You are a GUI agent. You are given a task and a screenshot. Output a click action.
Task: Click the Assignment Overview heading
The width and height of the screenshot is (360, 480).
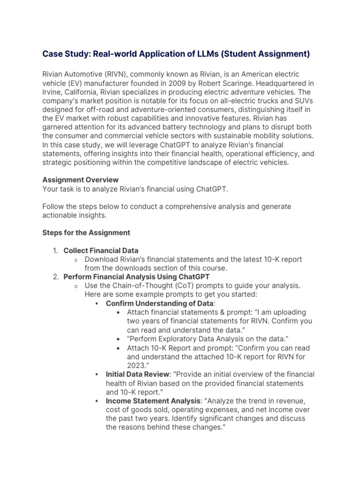point(81,180)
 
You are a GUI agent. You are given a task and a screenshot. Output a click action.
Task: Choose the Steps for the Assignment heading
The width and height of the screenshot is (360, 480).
point(86,232)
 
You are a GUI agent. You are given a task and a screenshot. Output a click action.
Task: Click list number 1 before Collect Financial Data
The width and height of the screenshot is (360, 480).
point(55,250)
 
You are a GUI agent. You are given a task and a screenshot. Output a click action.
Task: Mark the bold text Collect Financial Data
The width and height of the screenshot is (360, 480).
point(101,250)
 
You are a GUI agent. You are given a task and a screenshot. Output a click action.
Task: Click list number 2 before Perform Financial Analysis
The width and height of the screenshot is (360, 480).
point(55,277)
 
